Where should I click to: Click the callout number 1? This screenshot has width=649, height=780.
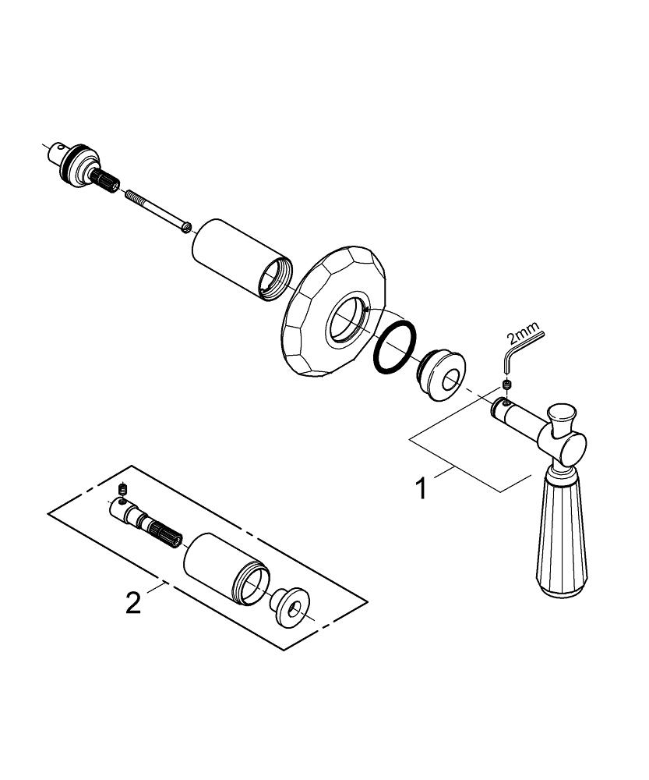[x=421, y=489]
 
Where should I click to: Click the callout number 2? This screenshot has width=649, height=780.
[x=134, y=601]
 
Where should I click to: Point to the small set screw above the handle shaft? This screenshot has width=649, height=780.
[x=507, y=385]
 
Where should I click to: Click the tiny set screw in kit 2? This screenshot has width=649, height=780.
[x=122, y=490]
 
